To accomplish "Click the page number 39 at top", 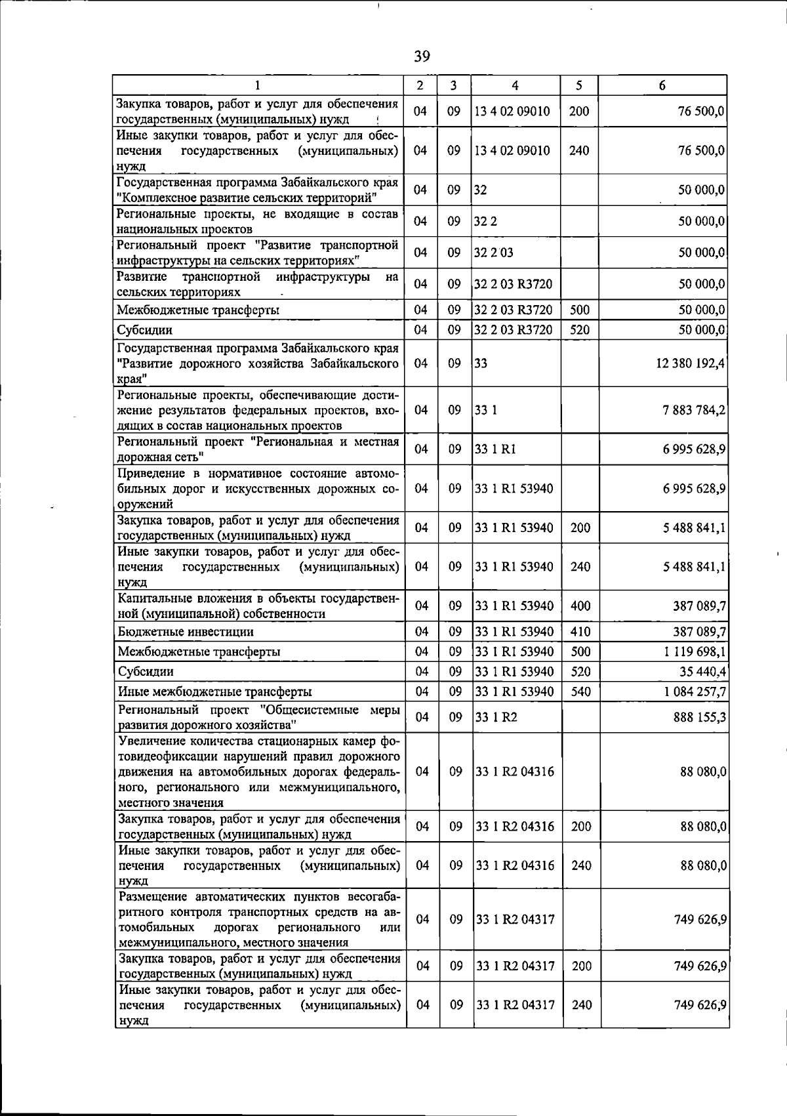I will click(x=422, y=56).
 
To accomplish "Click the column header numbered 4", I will click(x=515, y=85).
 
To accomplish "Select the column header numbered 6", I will click(x=662, y=85).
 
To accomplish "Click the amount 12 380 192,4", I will click(x=690, y=363).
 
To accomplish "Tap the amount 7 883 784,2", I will click(x=694, y=410).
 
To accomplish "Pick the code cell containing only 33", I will click(x=481, y=363).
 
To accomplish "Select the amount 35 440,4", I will click(x=702, y=671).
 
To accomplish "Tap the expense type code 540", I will click(x=580, y=692).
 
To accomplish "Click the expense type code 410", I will click(x=580, y=632).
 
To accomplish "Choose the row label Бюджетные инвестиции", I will click(x=186, y=632).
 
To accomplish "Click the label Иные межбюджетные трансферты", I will click(x=214, y=692).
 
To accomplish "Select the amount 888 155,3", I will click(x=700, y=718).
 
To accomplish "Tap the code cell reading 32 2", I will click(x=486, y=221).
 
